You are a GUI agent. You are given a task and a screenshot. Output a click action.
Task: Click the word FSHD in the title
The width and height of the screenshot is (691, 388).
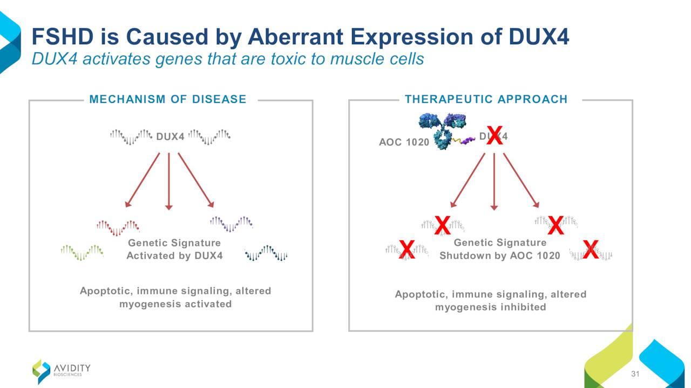62,37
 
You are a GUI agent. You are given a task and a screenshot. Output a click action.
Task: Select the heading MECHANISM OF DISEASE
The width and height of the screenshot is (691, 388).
168,99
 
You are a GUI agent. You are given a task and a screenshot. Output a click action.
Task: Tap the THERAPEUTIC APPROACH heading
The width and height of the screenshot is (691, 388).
486,99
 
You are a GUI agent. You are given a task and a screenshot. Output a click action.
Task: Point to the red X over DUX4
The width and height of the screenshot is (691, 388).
494,135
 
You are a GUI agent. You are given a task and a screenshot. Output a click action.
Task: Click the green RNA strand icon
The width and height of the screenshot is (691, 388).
82,253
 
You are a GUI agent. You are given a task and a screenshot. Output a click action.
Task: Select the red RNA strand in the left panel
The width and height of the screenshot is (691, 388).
118,228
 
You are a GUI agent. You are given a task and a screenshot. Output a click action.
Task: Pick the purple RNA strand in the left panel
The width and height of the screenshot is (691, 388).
232,224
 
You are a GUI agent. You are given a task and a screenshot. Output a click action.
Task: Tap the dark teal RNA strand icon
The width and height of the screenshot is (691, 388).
266,253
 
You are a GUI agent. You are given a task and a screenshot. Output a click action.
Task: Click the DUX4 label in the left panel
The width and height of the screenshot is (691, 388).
170,136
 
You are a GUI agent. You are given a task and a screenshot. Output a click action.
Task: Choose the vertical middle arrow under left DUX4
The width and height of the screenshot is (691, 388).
169,182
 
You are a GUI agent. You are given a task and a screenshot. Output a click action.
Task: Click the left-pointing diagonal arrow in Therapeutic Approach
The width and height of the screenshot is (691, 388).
468,180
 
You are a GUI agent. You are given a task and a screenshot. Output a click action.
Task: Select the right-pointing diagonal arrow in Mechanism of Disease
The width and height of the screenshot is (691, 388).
196,180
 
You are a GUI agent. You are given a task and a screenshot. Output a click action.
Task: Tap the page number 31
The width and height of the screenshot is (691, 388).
635,374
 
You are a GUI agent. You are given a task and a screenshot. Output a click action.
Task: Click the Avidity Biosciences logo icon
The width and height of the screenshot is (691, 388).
42,372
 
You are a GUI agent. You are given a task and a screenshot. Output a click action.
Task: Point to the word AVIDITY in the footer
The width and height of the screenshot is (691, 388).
72,368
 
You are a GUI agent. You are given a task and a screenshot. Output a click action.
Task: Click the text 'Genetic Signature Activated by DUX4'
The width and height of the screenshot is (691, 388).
174,249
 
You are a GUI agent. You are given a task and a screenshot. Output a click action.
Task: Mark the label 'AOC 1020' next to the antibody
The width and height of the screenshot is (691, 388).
404,142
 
